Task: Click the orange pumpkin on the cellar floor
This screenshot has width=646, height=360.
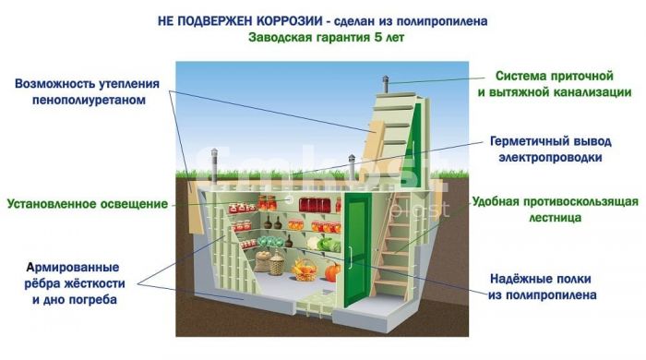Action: (332, 272)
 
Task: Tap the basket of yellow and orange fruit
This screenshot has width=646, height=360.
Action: (305, 270)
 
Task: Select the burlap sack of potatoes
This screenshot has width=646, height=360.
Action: (262, 261)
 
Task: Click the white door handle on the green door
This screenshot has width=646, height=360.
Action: (350, 258)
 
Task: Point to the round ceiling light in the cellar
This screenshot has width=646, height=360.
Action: (289, 199)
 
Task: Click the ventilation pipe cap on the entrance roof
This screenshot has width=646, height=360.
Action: (386, 78)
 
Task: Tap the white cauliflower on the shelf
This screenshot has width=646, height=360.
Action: (312, 243)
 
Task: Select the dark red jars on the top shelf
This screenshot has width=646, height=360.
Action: (316, 205)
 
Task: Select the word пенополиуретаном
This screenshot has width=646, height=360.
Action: (89, 100)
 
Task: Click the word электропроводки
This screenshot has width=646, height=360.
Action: (550, 157)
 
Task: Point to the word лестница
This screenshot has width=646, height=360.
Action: (555, 217)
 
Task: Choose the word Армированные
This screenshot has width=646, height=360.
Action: (73, 268)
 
